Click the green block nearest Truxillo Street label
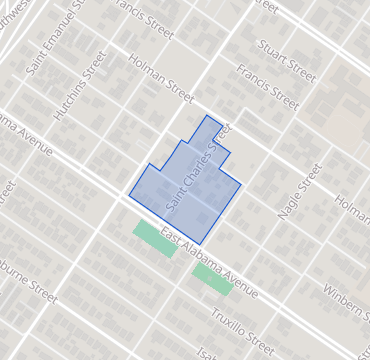(212, 278)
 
